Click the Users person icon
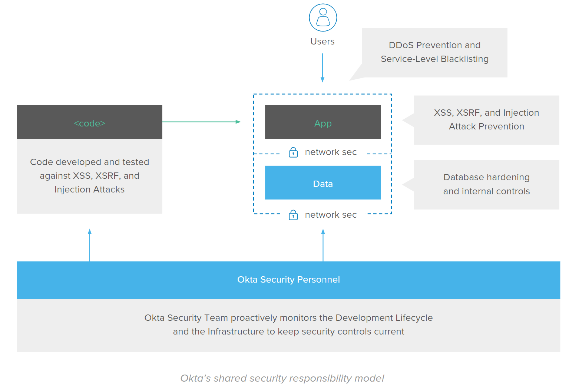coord(323,17)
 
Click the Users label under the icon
coord(322,42)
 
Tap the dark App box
coord(323,122)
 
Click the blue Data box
coord(323,183)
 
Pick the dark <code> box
coord(90,122)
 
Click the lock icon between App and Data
coord(293,152)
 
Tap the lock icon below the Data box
coord(293,215)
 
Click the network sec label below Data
coord(331,215)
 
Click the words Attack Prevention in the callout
coord(486,126)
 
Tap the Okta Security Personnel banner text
coord(288,280)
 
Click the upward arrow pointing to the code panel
coord(90,245)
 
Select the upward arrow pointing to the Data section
coord(323,245)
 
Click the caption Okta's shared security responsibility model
coord(282,378)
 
